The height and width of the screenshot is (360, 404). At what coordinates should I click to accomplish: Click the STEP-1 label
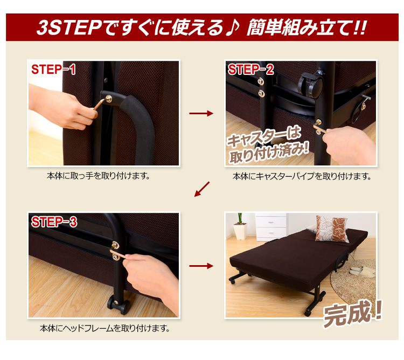coord(53,70)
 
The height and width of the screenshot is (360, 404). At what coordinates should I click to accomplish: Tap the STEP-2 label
coord(250,70)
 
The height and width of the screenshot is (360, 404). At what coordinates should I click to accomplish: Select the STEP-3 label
coord(54,221)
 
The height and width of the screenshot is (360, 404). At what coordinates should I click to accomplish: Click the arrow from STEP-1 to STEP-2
coord(201,113)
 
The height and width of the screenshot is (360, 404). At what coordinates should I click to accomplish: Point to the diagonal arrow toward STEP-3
coord(202,189)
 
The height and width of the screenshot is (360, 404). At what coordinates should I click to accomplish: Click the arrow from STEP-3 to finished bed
coord(201,266)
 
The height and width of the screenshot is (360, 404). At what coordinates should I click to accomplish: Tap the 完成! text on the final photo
coord(352,313)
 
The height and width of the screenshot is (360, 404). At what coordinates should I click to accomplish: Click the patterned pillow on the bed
coord(332,229)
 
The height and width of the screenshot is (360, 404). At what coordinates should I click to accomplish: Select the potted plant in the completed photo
coord(240,226)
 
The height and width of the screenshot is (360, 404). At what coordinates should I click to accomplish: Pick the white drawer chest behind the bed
coord(271,226)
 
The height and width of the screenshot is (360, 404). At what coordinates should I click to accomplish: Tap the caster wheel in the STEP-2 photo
coord(310,85)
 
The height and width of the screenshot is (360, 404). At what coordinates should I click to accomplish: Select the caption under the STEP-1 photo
coord(99,176)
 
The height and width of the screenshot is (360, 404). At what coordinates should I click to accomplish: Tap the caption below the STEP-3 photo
coord(105,328)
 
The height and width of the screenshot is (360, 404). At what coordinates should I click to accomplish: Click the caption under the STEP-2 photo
coord(302,177)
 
